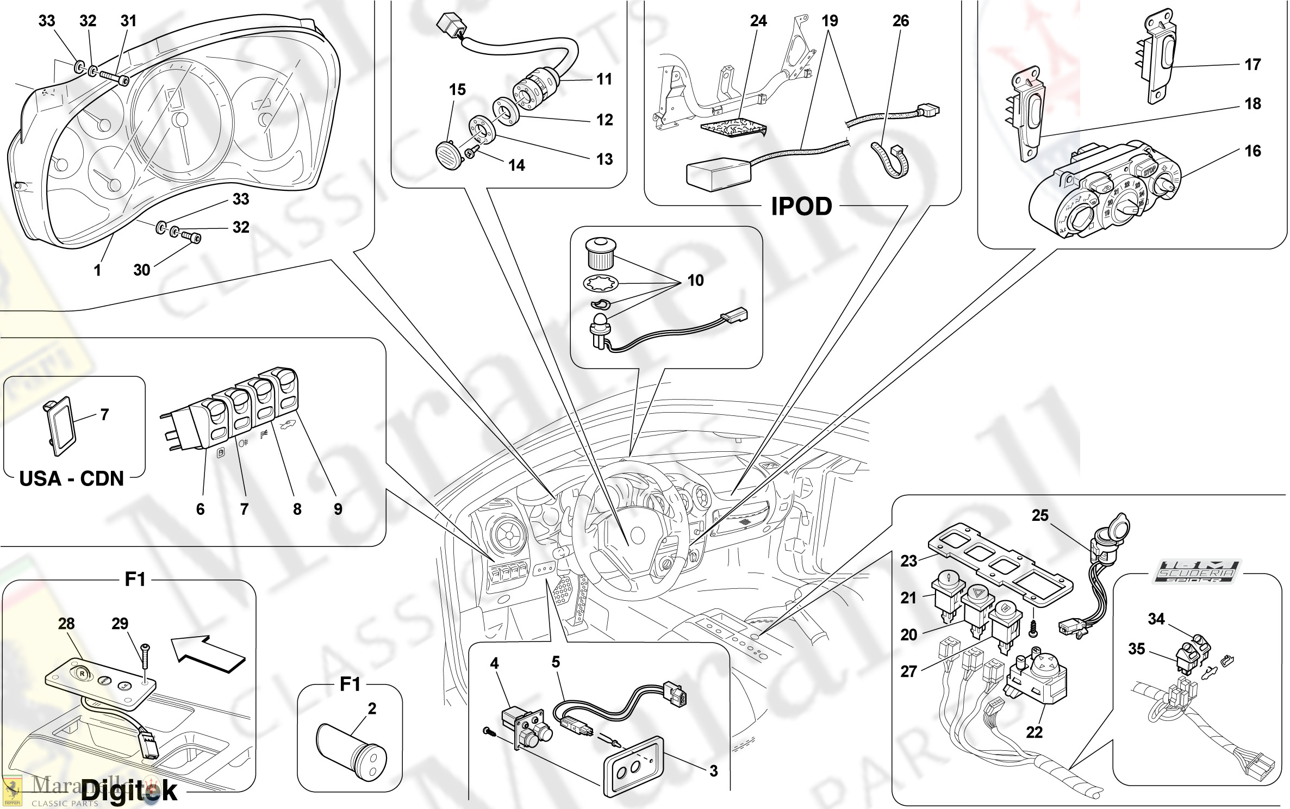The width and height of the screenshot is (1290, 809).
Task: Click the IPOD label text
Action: tap(801, 207)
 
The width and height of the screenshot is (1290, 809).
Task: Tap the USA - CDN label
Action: tap(71, 478)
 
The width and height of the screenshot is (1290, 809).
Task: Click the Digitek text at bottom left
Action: tap(129, 791)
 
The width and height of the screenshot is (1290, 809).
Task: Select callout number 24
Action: tap(758, 21)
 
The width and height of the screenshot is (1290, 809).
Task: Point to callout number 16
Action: tap(1252, 151)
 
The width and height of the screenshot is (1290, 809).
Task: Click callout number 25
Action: tap(1039, 515)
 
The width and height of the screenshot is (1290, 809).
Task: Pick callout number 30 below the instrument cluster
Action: tap(141, 270)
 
